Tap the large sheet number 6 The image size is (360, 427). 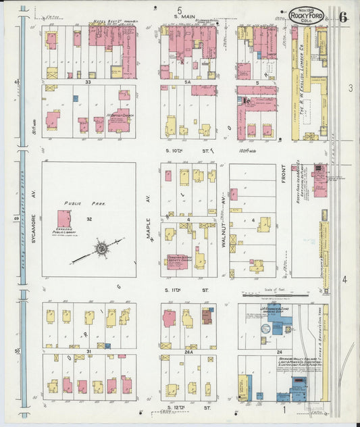343,16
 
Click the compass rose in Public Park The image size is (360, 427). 101,248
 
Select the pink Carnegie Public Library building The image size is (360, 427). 65,219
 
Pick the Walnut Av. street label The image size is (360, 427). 223,218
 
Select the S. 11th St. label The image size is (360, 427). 182,289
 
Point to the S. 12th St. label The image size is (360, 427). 178,408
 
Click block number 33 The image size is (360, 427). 88,81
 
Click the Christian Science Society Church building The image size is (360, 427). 178,261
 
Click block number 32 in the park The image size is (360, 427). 88,219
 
